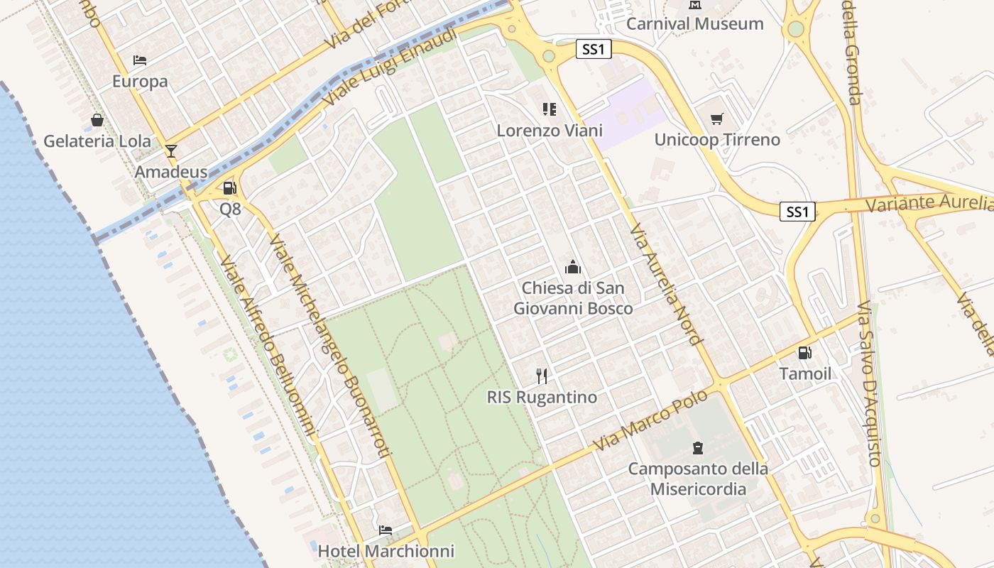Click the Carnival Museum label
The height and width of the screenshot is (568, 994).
click(694, 23)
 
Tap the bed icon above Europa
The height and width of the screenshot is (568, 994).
click(140, 60)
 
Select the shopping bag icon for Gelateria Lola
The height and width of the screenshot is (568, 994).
click(97, 120)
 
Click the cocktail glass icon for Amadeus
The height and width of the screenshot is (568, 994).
click(170, 151)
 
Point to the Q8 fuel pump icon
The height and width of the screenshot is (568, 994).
click(229, 188)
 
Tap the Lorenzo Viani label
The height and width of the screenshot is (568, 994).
click(550, 131)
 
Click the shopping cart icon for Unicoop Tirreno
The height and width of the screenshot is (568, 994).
click(716, 119)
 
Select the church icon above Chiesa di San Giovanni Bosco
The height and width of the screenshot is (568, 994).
click(572, 267)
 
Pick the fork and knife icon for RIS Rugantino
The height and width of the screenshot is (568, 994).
click(542, 376)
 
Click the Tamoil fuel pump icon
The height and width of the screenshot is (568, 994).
click(804, 352)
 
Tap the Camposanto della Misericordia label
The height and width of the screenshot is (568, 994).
click(698, 479)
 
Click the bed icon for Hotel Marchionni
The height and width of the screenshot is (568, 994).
click(385, 530)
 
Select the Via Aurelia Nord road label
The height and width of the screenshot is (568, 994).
click(665, 284)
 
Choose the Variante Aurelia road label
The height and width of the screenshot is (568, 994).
click(929, 203)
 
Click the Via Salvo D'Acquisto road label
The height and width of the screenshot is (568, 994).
click(868, 384)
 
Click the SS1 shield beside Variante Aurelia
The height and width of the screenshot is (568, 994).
click(797, 212)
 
